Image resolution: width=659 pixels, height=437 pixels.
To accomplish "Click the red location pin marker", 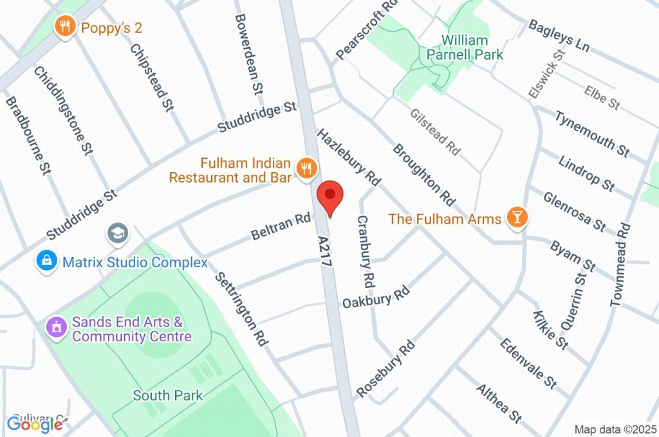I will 330,196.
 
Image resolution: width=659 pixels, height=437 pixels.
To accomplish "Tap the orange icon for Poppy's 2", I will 64,27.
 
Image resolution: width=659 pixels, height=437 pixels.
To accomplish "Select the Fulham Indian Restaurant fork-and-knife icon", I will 306,168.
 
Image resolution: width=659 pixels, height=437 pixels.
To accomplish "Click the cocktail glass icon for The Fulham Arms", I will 516,218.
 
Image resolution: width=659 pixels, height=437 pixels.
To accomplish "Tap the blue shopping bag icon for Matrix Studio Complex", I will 47,262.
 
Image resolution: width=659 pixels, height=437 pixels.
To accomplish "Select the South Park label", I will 167,395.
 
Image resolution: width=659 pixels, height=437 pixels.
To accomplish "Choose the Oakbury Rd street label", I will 376,297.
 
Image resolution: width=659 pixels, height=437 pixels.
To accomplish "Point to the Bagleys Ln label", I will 559,35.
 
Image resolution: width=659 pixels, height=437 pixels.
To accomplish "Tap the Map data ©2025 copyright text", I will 615,429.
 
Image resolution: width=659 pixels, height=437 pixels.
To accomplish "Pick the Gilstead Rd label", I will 436,132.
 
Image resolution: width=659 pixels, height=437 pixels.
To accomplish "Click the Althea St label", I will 499,403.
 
